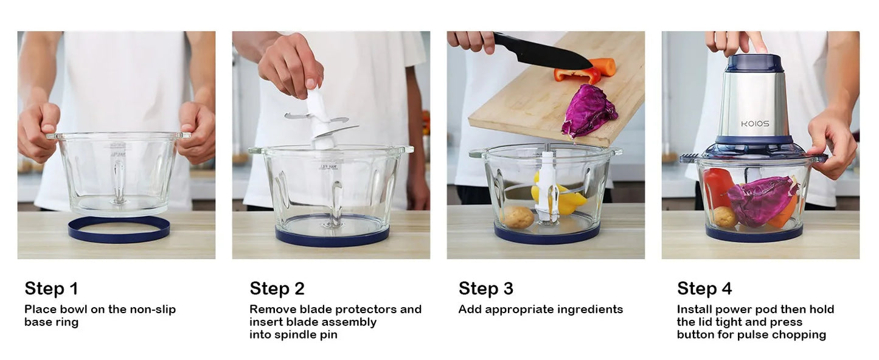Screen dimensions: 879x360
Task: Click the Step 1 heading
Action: [x=52, y=289]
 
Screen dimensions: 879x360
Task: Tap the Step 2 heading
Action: [x=277, y=289]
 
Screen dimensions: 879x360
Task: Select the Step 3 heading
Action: [x=486, y=289]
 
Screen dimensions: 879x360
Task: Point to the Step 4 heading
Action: [x=704, y=289]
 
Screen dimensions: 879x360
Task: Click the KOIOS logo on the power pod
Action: [x=755, y=124]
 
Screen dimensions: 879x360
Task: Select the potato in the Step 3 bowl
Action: [x=518, y=217]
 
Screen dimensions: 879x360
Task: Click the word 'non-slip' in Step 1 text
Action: [x=153, y=310]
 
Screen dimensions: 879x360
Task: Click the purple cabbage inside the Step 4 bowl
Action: [x=761, y=201]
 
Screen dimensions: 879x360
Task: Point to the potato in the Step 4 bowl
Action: [x=725, y=217]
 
